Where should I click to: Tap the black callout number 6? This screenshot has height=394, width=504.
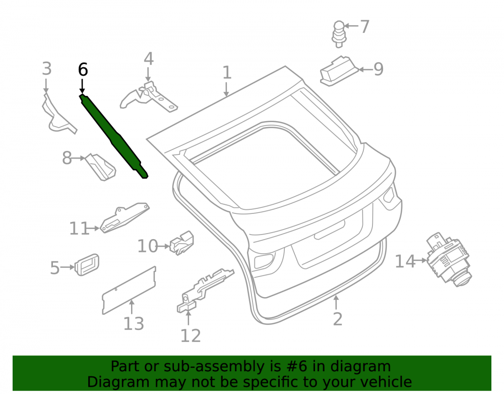83,70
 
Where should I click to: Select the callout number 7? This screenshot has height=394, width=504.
364,26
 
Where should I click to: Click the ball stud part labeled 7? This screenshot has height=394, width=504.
339,34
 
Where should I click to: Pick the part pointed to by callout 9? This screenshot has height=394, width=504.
339,71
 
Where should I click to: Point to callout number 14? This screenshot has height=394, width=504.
405,261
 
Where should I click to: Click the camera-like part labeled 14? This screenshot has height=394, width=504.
449,259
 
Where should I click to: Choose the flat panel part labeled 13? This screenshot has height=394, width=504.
129,290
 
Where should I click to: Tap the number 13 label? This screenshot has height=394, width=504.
134,323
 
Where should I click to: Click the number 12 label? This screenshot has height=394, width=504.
191,335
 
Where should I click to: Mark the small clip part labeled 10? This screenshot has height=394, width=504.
181,243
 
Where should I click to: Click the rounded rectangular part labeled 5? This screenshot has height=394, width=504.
87,264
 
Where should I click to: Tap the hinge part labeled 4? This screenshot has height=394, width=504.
149,97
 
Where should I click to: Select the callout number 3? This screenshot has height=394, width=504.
47,69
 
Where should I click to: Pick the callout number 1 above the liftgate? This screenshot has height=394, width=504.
227,73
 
